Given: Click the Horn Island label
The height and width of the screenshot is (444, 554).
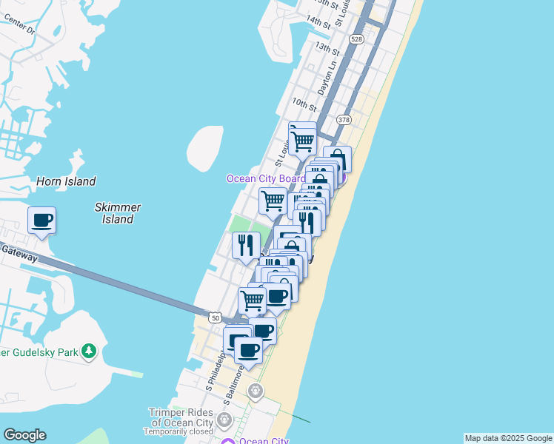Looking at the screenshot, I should pyautogui.click(x=66, y=181).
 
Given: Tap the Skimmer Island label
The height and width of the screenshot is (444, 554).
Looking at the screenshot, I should pyautogui.click(x=118, y=213).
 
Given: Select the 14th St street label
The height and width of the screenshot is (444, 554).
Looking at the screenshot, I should pyautogui.click(x=318, y=21).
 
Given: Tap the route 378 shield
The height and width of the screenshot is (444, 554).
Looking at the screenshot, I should pyautogui.click(x=343, y=119).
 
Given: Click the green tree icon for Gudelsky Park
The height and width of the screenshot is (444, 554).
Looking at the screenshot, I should pyautogui.click(x=89, y=350).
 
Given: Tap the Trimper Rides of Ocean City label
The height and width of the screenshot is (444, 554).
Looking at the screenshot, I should pyautogui.click(x=181, y=417).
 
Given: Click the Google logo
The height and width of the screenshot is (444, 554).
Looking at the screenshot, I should pyautogui.click(x=24, y=435).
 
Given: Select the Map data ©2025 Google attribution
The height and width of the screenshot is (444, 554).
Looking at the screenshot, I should pyautogui.click(x=508, y=438).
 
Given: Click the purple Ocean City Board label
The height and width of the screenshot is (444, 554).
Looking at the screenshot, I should pyautogui.click(x=265, y=179).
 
